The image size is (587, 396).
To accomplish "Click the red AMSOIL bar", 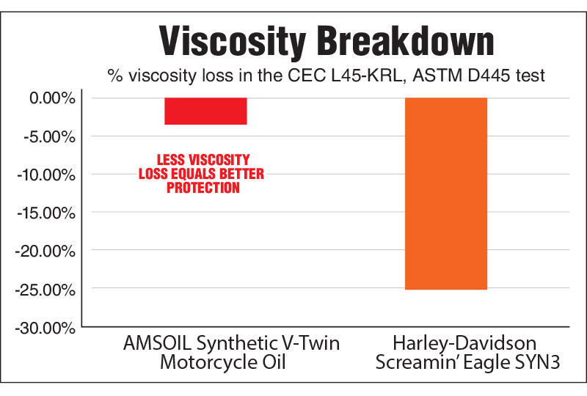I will (205, 111).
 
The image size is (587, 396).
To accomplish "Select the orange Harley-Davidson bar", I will (446, 194).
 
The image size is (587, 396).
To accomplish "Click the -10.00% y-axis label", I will (45, 175).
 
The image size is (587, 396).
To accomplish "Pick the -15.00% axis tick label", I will (45, 213).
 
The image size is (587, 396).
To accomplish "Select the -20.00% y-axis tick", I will (45, 251).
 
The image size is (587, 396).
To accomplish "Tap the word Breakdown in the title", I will (388, 42).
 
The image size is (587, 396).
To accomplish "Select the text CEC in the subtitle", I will (329, 76).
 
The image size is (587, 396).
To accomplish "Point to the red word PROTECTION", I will (203, 188).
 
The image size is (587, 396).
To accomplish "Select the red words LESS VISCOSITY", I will (203, 160).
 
